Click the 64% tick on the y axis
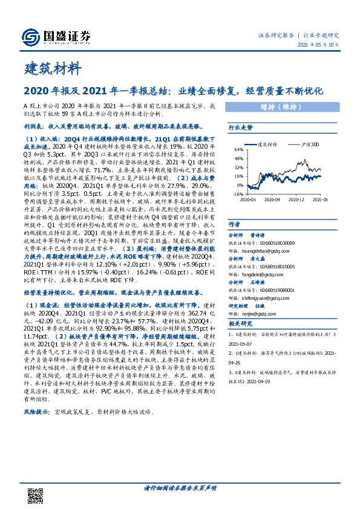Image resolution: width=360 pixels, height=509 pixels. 239,150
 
